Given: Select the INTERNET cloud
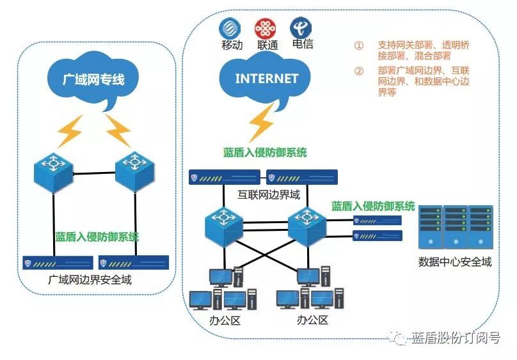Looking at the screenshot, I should tap(267, 79).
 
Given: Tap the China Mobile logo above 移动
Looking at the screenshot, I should tap(231, 28).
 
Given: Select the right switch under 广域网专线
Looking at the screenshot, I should tap(136, 168).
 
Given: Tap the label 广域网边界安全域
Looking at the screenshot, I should tap(93, 279).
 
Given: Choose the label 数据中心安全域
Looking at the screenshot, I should tap(455, 262).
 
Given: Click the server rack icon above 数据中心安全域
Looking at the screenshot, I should tap(455, 227).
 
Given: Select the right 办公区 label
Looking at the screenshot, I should tap(313, 319).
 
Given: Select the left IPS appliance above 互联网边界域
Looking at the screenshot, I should tap(225, 177).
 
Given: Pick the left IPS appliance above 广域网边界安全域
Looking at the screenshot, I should tap(57, 263).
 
